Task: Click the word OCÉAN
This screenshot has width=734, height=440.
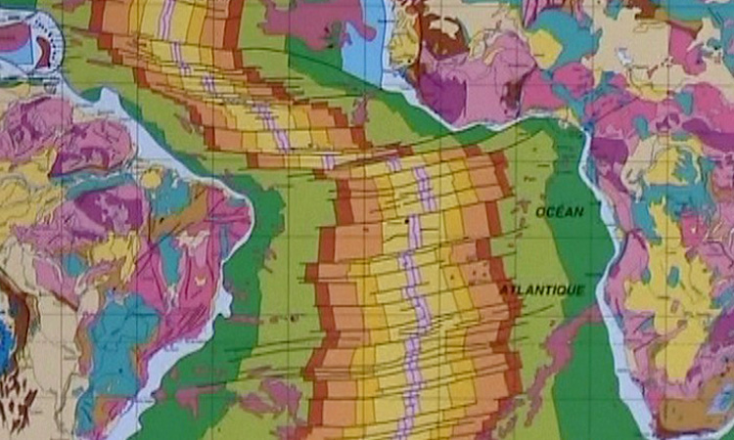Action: pyautogui.click(x=560, y=211)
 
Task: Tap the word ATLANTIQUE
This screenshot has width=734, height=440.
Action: pyautogui.click(x=542, y=290)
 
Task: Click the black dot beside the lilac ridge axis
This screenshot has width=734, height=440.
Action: pyautogui.click(x=406, y=222)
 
